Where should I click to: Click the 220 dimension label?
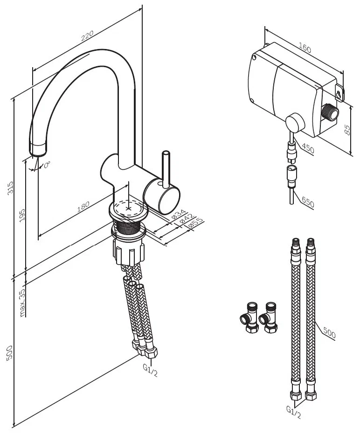coord(88,35)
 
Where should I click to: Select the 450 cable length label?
coord(308,149)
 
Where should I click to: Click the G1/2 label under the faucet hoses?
coord(149,372)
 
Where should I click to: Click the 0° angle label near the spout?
coord(47,164)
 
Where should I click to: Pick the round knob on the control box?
coord(294,124)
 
